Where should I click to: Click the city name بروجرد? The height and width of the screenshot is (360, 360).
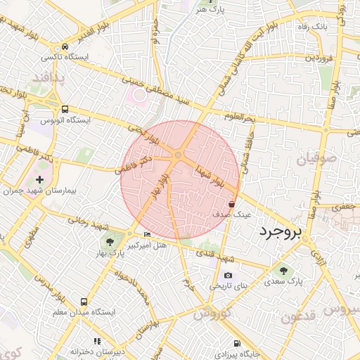pos(289,231)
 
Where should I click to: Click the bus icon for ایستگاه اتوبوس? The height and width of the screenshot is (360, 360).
pos(65,109)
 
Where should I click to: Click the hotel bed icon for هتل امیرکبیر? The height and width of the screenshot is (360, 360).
pos(146,233)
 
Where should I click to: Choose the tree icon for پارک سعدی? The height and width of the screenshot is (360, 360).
pos(284,271)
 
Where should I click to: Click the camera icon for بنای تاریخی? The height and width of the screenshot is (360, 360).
pos(228,276)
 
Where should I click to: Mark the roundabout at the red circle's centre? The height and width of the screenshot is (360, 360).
pos(179,155)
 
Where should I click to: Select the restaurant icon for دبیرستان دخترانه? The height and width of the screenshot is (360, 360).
pos(97,342)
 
